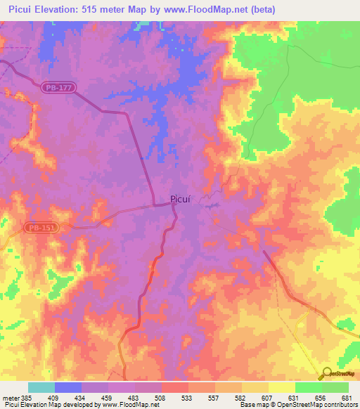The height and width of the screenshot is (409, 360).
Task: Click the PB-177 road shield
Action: pos(59,86)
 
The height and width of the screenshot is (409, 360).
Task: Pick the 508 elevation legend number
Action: pos(161,398)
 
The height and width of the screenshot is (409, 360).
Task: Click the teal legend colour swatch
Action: pos(41,387)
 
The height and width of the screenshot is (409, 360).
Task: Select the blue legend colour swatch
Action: pos(68,387)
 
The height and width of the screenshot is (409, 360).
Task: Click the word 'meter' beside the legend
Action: pos(11,398)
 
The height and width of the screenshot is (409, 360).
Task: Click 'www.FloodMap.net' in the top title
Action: pos(198,9)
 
